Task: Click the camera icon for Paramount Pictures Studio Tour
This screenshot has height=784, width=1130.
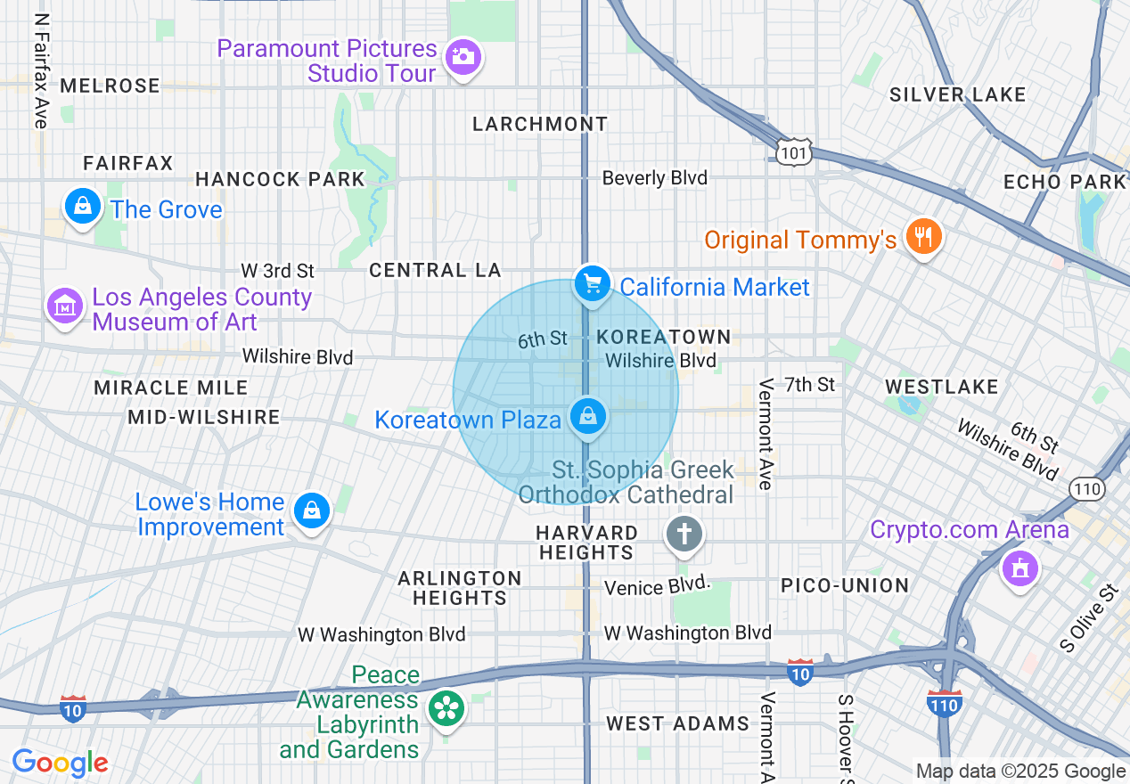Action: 463,57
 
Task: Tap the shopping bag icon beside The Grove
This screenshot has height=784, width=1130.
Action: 83,207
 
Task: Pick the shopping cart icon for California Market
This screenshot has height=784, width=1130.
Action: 591,284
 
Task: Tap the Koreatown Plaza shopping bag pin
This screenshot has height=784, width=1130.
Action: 587,416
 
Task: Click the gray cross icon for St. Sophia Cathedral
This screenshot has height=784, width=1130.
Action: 684,535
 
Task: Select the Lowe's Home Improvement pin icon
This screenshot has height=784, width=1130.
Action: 312,510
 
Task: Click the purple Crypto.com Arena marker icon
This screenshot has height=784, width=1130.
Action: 1019,567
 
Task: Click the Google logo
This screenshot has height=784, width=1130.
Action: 60,763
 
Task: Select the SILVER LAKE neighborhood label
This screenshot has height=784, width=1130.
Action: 957,94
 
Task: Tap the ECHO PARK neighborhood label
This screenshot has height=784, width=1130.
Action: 1064,182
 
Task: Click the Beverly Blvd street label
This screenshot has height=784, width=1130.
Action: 654,178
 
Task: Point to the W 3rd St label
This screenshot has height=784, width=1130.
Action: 278,270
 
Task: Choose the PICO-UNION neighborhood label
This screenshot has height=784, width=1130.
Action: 845,585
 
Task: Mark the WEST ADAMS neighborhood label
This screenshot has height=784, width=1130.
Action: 677,723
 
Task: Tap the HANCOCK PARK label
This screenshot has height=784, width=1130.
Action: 280,179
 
